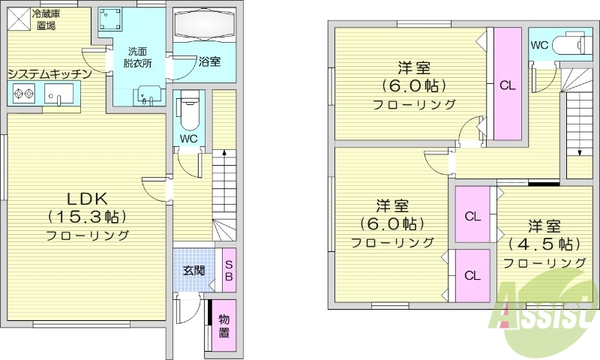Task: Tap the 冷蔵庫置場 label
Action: (x=46, y=19)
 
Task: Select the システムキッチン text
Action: (x=49, y=73)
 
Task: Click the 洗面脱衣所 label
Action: (x=137, y=58)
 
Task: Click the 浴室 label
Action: (x=209, y=61)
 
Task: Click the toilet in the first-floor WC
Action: (x=188, y=112)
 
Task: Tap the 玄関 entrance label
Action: (x=193, y=270)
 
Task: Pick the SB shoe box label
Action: (x=229, y=270)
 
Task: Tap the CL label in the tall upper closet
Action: (x=507, y=85)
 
